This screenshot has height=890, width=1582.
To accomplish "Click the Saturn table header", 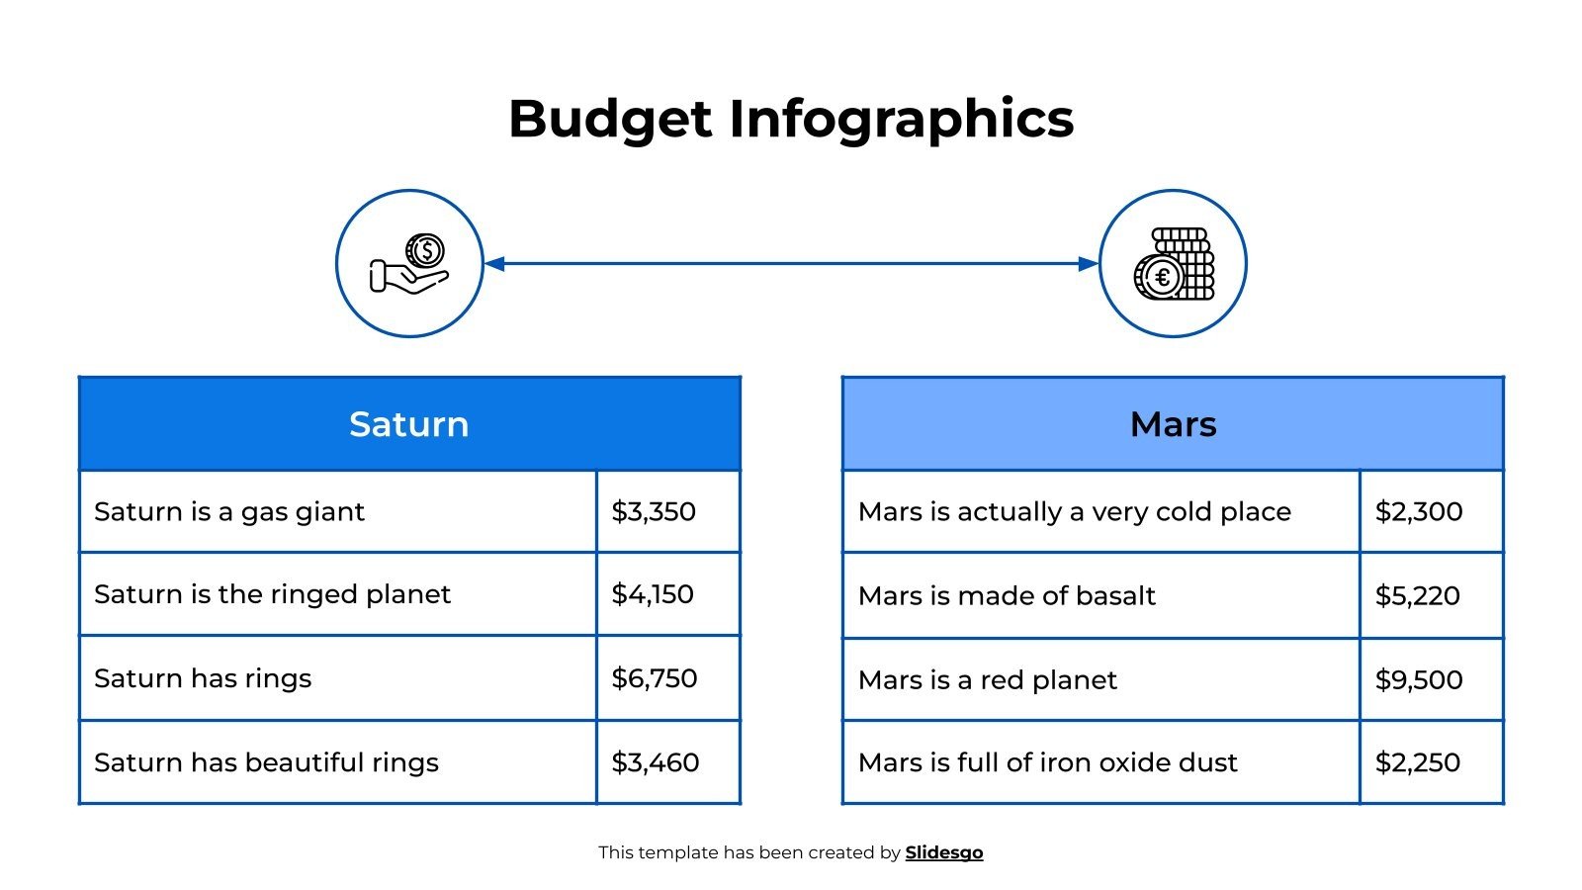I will tap(409, 424).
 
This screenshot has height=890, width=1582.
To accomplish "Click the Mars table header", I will tap(1173, 424).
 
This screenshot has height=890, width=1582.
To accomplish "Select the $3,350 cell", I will tap(654, 511).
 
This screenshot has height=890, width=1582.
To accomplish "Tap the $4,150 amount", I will tap(653, 594).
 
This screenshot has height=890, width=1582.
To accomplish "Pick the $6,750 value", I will tap(655, 678).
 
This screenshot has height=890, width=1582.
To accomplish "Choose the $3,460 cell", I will tap(656, 762).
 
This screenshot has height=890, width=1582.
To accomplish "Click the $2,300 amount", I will tap(1419, 511).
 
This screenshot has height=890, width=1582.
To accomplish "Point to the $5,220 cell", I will tap(1418, 595).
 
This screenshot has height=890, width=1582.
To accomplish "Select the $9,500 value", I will tap(1419, 679).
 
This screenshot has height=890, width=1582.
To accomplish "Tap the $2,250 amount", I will tap(1418, 762).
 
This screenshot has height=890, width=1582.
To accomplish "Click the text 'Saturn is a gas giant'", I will tap(229, 511).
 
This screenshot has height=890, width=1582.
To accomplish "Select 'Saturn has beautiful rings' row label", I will tap(266, 762).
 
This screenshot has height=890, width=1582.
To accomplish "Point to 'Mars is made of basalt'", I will tap(1007, 595).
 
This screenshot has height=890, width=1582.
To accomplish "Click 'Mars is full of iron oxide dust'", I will tap(1048, 762).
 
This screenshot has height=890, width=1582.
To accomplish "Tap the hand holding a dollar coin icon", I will tap(409, 263).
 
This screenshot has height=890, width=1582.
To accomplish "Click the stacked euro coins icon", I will tap(1173, 263).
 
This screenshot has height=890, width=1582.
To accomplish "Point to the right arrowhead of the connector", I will tap(1088, 264).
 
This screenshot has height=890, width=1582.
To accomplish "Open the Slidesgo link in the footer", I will tap(944, 852).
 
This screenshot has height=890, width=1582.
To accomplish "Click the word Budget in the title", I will tap(610, 119).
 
